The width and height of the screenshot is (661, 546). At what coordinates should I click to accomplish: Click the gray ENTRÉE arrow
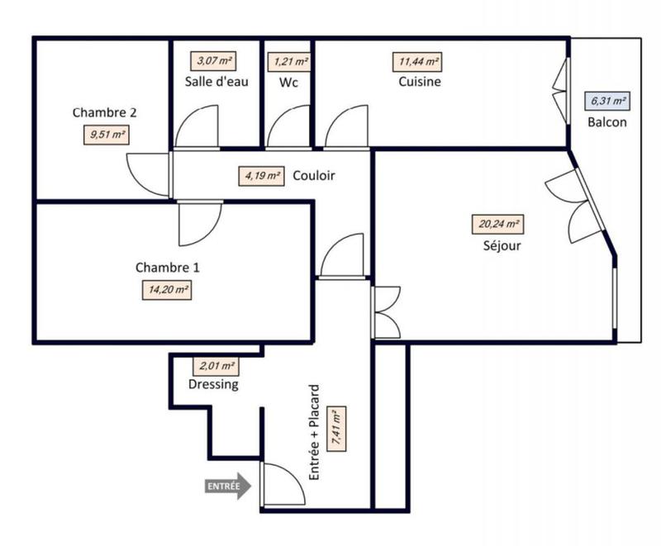(227, 487)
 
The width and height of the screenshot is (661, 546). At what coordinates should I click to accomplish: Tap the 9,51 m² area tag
(107, 134)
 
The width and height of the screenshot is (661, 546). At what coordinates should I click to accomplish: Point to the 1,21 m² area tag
(288, 61)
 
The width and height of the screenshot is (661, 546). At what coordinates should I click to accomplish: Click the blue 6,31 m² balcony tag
(606, 102)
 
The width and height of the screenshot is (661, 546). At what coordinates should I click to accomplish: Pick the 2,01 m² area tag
(216, 366)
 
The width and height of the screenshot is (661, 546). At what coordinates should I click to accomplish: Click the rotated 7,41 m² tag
(335, 427)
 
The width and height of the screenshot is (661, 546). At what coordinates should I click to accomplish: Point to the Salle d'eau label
(217, 82)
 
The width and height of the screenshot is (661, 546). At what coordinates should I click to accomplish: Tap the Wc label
(288, 82)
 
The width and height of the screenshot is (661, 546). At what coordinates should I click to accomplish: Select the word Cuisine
(419, 82)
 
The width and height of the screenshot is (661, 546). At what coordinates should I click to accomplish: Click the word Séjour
(502, 245)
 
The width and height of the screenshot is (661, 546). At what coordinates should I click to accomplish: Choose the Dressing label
(213, 384)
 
